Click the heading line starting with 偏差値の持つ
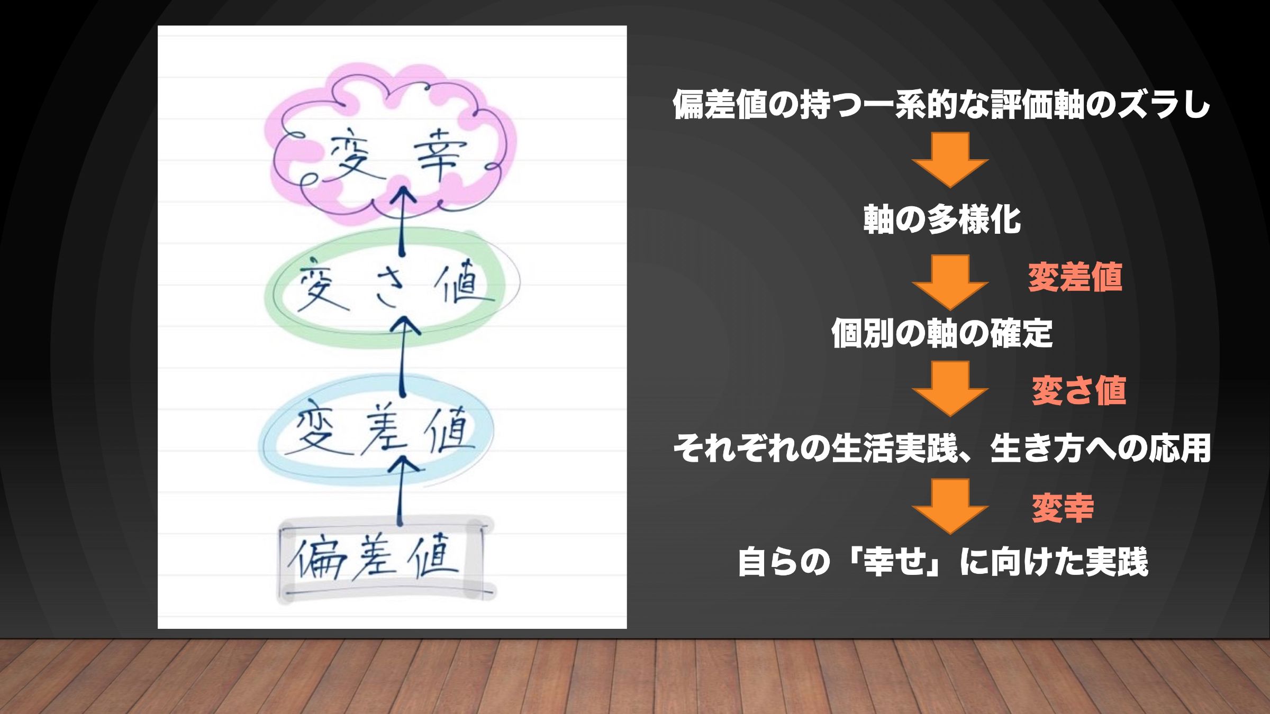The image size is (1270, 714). [941, 104]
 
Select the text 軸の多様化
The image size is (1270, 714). [942, 219]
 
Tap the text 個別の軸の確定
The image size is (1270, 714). [942, 333]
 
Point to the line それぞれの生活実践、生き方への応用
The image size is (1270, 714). [942, 448]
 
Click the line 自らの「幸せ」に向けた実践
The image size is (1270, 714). [943, 562]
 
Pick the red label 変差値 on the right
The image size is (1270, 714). [1075, 277]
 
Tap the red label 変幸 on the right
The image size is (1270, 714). [1063, 508]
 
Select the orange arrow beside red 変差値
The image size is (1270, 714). [950, 282]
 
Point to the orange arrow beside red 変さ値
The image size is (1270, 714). [950, 389]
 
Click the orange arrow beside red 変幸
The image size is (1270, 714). [950, 506]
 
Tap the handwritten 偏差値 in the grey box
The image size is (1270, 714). [374, 558]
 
